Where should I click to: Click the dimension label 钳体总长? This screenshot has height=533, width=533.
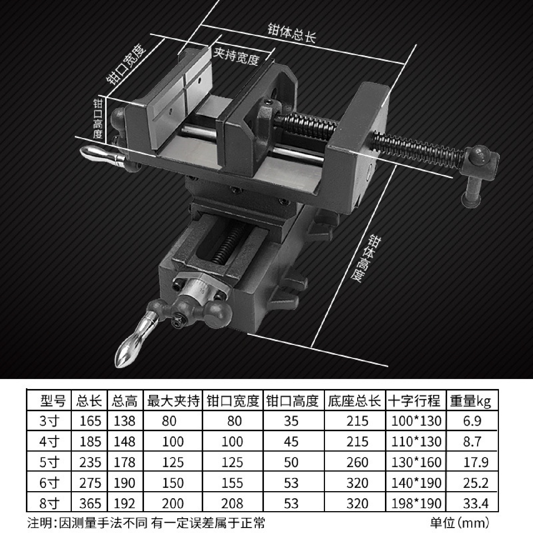(x=291, y=33)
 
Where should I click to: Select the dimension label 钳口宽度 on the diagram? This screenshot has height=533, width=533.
(x=126, y=64)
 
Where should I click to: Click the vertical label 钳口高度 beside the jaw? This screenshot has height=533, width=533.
(x=98, y=119)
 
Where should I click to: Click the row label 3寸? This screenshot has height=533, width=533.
(x=49, y=421)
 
